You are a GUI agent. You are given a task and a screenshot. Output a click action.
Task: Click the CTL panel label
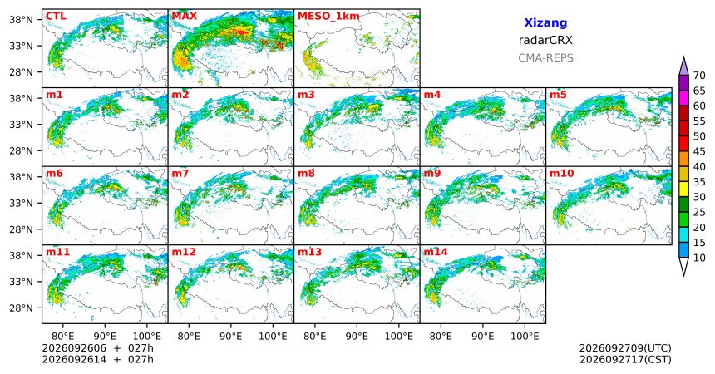[x=56, y=17]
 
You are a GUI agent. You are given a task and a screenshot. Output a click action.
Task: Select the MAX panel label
[x=185, y=17]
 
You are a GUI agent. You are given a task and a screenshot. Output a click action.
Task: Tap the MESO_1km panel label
[x=328, y=17]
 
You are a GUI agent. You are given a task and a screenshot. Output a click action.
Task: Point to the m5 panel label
[x=558, y=95]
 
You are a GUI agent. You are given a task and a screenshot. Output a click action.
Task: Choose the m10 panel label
[x=561, y=174]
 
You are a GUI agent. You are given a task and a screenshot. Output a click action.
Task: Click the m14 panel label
[x=436, y=252]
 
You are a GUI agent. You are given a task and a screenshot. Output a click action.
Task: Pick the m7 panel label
[x=180, y=174]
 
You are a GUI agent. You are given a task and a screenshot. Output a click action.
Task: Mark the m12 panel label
[x=183, y=252]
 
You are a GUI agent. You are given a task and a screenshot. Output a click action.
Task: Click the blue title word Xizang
[x=545, y=22]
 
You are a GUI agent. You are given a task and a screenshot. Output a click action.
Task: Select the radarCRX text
[x=545, y=40]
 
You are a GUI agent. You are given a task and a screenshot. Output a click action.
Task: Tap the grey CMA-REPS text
[x=545, y=58]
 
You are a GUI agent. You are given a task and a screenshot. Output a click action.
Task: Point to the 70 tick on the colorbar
[x=699, y=76]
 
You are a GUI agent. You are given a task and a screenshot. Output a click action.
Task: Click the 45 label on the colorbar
[x=699, y=151]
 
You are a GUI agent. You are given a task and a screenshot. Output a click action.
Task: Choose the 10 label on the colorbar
[x=699, y=258]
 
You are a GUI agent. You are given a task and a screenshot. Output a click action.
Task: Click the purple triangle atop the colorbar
[x=683, y=66]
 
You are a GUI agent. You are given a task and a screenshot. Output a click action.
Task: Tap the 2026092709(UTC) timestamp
[x=625, y=348]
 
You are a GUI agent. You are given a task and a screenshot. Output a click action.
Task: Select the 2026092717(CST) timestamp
[x=625, y=359]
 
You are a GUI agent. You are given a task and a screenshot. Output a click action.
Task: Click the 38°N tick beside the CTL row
[x=22, y=20]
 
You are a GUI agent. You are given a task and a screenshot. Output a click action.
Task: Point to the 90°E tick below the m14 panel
[x=483, y=337]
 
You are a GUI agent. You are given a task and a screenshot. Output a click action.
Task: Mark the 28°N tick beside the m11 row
[x=22, y=308]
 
